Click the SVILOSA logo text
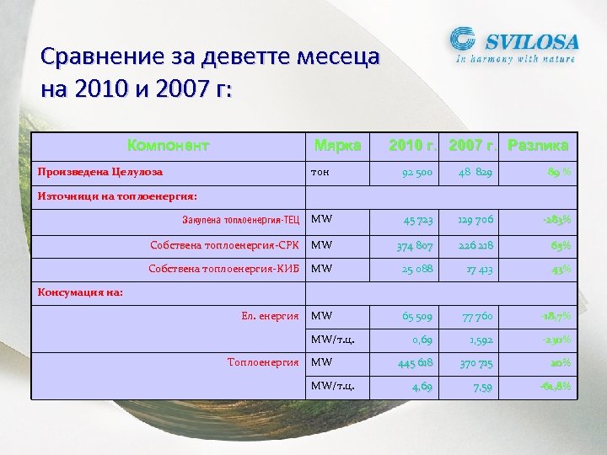coord(529,40)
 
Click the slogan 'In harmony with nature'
coord(515,59)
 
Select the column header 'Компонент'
coord(168,145)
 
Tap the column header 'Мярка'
coord(337,145)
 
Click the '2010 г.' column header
coord(413,145)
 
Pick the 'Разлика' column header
coord(538,145)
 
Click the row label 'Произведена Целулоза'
coord(100,172)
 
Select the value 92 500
coord(416,173)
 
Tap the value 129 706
coord(475,220)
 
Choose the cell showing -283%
coord(556,220)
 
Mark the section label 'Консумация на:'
coord(80,292)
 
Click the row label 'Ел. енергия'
coord(270,316)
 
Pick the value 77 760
coord(476,317)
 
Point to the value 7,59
coord(481,387)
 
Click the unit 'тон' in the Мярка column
coord(320,172)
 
